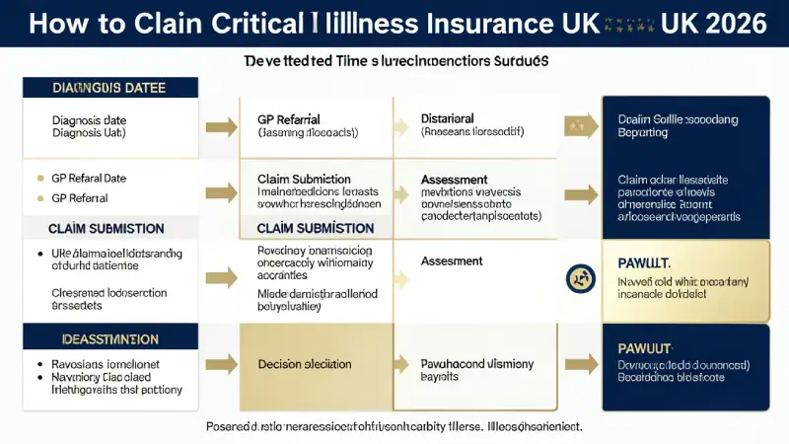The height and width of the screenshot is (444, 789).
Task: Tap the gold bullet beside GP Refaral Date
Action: point(39,178)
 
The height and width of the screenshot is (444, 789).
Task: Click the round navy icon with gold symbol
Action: point(579,279)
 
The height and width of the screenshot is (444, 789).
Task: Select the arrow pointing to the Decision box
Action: point(215,364)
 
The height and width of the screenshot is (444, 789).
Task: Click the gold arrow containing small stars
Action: point(580,125)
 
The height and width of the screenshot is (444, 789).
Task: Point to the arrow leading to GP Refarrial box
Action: point(215,125)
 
